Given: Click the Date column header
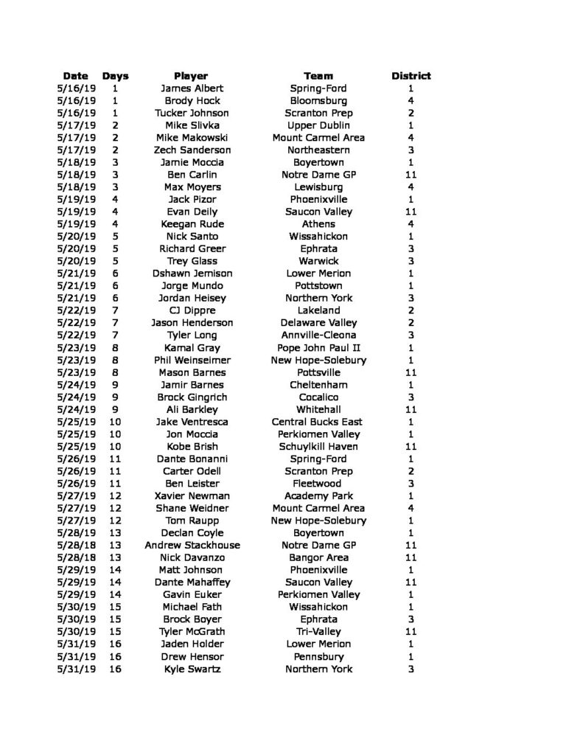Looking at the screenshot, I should pos(75,76).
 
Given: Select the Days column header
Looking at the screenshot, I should pos(115,76).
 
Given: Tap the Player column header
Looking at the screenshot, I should pos(191,76).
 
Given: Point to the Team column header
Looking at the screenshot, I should pos(318,76).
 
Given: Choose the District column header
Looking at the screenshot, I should pos(411,76).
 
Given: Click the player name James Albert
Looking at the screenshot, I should pos(191,88).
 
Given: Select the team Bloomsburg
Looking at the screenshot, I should pos(318,101).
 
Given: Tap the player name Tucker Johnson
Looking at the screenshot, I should pos(191,113).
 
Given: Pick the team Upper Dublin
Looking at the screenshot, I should pos(318,125).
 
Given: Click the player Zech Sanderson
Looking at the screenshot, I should pos(191,150).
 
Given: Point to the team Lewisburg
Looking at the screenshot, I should pos(318,187).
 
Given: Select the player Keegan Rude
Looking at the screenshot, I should pos(191,224).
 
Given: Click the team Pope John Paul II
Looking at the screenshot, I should pos(318,347).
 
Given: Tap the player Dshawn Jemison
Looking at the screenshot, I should pos(191,274).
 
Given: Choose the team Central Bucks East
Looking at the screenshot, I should pos(318,422).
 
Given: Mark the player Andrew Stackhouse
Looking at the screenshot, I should pos(191,545).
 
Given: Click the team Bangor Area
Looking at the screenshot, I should pos(318,557).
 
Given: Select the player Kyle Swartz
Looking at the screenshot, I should pos(191,669).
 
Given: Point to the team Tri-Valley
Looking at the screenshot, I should pos(318,632).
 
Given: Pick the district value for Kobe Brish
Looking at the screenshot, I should pos(411,446).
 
